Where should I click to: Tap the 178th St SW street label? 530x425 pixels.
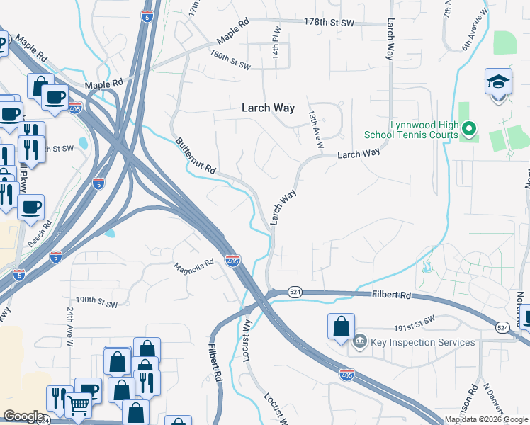coord(329,23)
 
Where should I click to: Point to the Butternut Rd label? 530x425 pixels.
coord(196,157)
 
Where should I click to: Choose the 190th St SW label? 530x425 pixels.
coord(96,301)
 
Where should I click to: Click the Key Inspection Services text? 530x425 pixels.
coord(422,342)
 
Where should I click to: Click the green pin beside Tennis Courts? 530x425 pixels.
coord(468,129)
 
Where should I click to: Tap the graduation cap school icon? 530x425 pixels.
coord(498,81)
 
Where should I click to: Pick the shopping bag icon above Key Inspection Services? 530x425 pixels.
coord(341,327)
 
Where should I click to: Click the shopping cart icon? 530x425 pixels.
coord(79,405)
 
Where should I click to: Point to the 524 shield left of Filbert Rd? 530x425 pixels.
coord(295,292)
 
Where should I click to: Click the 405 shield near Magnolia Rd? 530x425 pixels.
coord(232,260)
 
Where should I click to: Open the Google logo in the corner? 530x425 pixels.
coord(23,416)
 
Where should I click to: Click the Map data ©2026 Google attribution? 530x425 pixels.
coord(485,419)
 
